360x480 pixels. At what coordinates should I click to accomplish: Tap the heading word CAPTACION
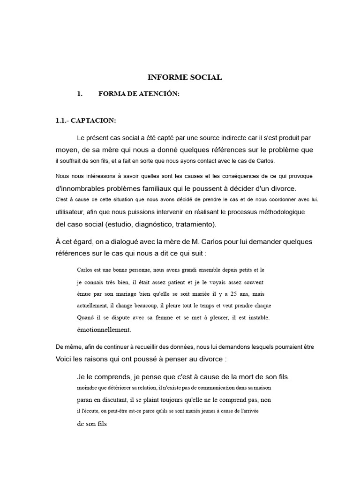point(93,120)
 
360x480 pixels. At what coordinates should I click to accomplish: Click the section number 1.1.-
point(62,120)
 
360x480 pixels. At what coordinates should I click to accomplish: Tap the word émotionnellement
point(104,330)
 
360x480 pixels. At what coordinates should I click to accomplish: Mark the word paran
point(85,400)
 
